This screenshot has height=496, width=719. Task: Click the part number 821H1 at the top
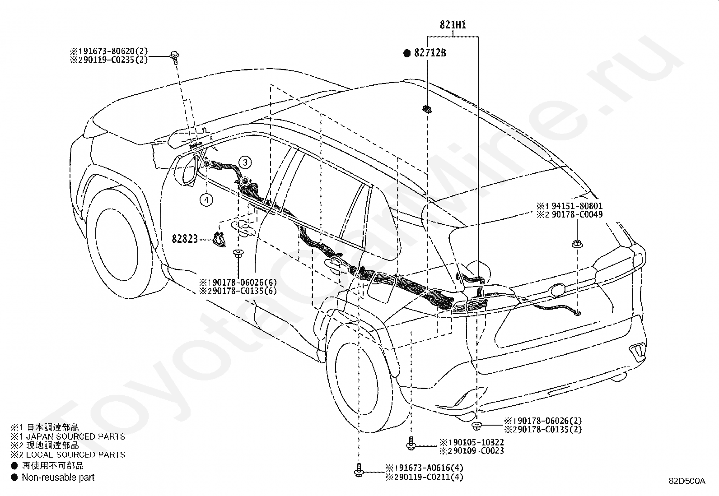pyautogui.click(x=453, y=25)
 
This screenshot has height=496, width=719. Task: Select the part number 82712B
pyautogui.click(x=430, y=53)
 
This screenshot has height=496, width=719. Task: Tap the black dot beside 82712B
pyautogui.click(x=407, y=53)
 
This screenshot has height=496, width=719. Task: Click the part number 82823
pyautogui.click(x=185, y=239)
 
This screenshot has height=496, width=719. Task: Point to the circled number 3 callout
pyautogui.click(x=245, y=162)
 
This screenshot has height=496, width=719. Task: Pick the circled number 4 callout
pyautogui.click(x=206, y=200)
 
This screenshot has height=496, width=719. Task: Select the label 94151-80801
pyautogui.click(x=577, y=206)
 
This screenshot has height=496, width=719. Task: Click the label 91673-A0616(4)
pyautogui.click(x=429, y=468)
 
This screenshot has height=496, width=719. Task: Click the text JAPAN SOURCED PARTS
pyautogui.click(x=76, y=436)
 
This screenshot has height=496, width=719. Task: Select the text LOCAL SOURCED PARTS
pyautogui.click(x=76, y=454)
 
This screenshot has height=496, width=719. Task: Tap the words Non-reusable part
pyautogui.click(x=58, y=477)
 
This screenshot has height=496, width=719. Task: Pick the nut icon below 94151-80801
pyautogui.click(x=577, y=245)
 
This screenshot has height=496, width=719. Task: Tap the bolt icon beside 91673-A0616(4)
pyautogui.click(x=359, y=470)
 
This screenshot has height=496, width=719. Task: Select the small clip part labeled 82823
pyautogui.click(x=219, y=239)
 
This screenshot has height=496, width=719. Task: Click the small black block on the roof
pyautogui.click(x=427, y=109)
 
